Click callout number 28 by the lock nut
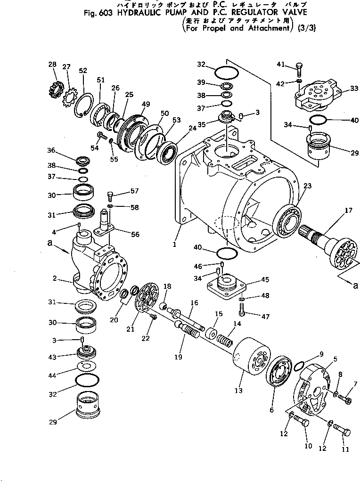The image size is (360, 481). [52, 64]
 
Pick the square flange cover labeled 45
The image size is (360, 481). [226, 286]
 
